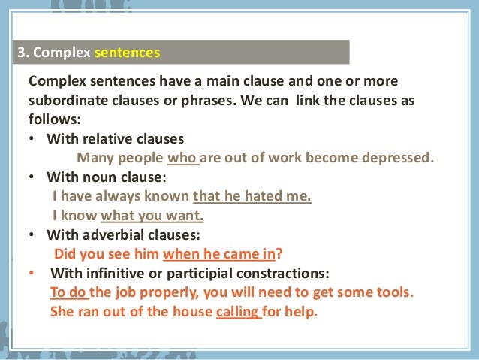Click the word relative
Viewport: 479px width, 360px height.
(x=103, y=139)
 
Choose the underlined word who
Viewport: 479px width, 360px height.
(x=181, y=158)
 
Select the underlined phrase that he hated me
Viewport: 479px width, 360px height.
(x=252, y=197)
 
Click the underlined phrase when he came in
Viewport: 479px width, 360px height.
(x=224, y=253)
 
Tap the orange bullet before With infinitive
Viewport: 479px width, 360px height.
(x=32, y=273)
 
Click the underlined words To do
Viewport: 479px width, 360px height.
(x=68, y=292)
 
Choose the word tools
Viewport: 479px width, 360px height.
(x=393, y=292)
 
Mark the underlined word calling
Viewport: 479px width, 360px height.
(x=237, y=310)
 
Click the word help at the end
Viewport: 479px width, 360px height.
(x=302, y=310)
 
